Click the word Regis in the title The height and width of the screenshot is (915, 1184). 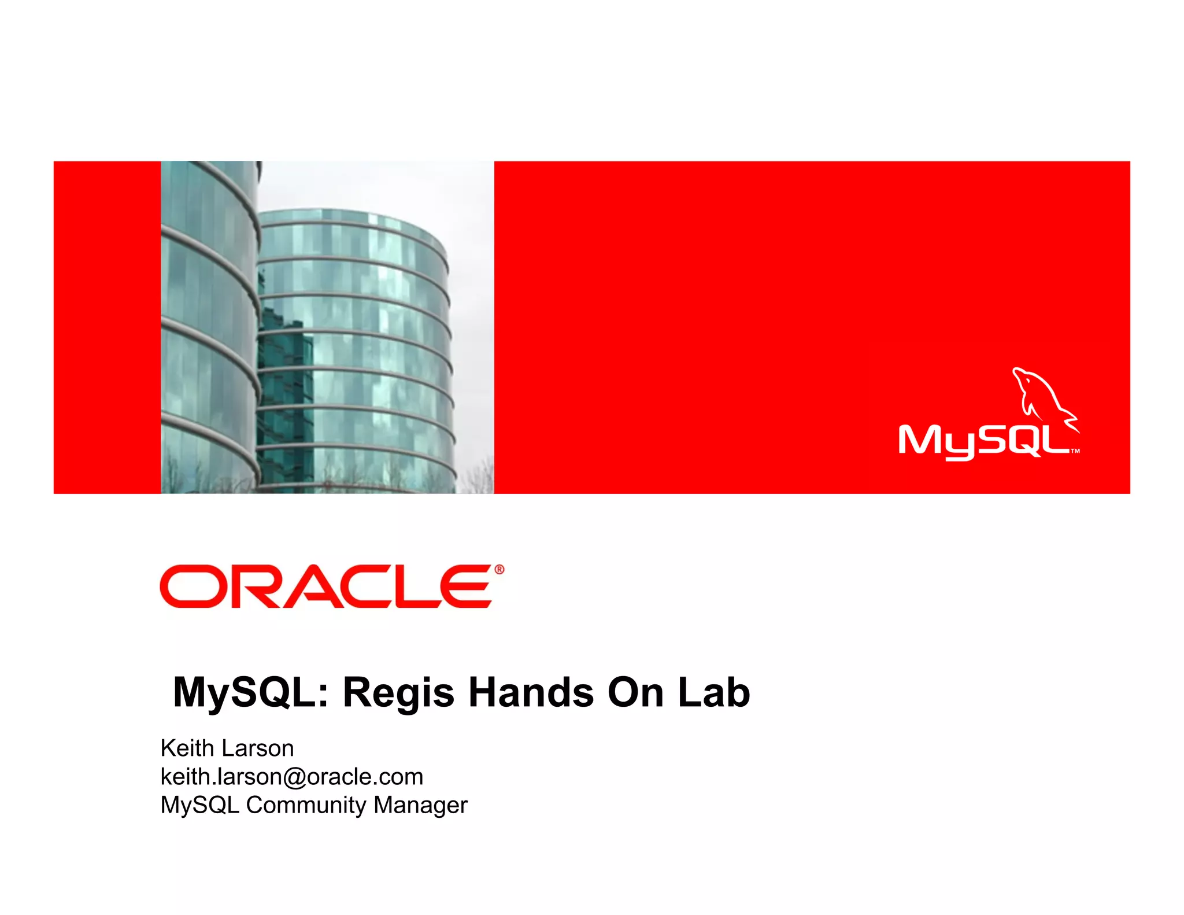[x=398, y=693]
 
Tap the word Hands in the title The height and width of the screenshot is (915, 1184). [x=531, y=692]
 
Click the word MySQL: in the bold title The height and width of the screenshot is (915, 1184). [x=251, y=693]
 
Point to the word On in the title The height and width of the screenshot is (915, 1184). [x=635, y=692]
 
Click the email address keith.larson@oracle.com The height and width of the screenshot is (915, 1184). [x=292, y=777]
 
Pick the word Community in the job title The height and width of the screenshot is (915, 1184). [x=306, y=805]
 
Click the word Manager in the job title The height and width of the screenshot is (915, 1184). [x=420, y=805]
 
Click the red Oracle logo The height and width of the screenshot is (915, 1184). [x=327, y=586]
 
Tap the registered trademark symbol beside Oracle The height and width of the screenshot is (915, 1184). [x=499, y=569]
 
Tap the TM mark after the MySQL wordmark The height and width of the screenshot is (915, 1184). [x=1075, y=451]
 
